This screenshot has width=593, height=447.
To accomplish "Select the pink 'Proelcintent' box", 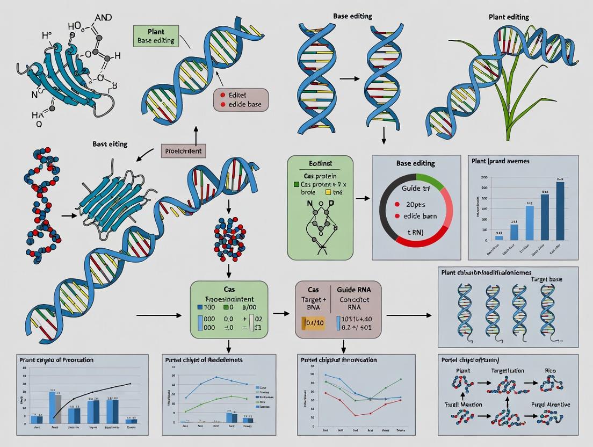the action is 184,151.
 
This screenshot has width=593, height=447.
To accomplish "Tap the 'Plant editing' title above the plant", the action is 509,17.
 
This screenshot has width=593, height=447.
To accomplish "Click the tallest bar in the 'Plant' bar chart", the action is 560,211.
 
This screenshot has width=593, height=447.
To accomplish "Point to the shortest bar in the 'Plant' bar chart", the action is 498,237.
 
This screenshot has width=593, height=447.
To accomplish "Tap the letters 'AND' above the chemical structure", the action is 102,17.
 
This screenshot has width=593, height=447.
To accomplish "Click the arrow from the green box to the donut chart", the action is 363,199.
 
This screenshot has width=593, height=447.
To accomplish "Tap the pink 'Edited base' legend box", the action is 241,99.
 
